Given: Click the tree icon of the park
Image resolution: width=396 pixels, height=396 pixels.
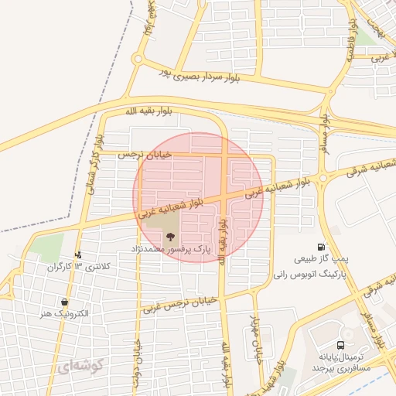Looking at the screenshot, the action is coord(171,237).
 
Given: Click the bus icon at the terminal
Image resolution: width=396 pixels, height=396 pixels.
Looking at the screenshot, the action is coord(340,345).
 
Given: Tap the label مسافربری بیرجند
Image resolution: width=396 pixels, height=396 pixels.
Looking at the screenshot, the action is coord(343,370).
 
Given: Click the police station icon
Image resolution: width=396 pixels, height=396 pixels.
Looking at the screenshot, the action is coord(78,254).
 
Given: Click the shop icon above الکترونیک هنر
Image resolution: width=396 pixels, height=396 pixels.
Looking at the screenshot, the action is coord(64,302).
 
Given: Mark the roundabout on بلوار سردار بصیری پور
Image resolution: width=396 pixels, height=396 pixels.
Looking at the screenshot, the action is coord(138,59).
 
